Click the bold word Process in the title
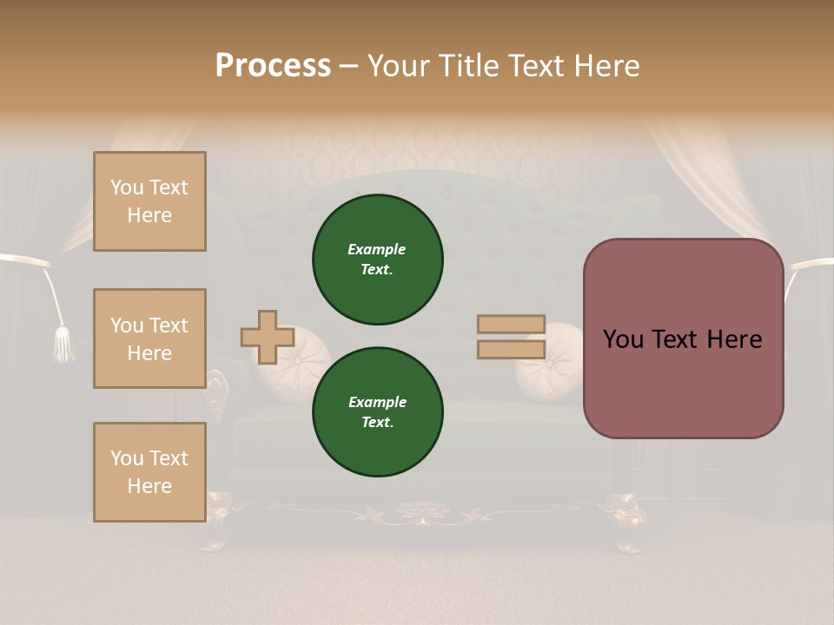tap(273, 66)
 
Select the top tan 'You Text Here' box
tap(149, 201)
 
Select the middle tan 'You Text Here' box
tap(149, 339)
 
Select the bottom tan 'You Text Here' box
tap(149, 472)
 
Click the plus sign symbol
tap(268, 337)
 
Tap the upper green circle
tap(378, 260)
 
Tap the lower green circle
tap(378, 412)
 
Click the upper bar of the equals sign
tap(511, 325)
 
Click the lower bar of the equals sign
tap(511, 349)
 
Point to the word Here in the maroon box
tap(733, 339)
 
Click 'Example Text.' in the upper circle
tap(377, 260)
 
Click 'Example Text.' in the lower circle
tap(377, 412)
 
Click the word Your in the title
tap(399, 66)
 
